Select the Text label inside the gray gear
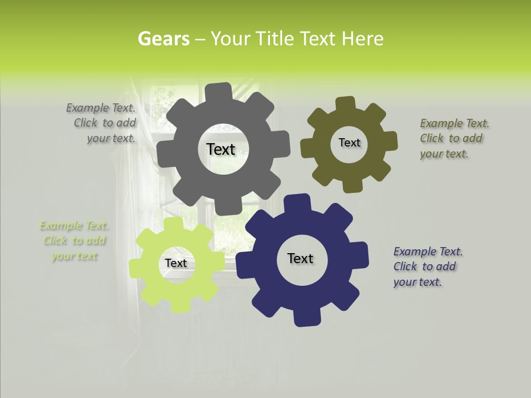[221, 149]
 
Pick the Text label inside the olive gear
[349, 143]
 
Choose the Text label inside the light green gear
[176, 264]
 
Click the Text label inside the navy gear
[300, 258]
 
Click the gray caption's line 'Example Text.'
[101, 108]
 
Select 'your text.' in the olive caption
[444, 154]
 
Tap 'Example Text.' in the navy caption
[428, 252]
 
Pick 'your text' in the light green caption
[74, 256]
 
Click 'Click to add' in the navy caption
[425, 266]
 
